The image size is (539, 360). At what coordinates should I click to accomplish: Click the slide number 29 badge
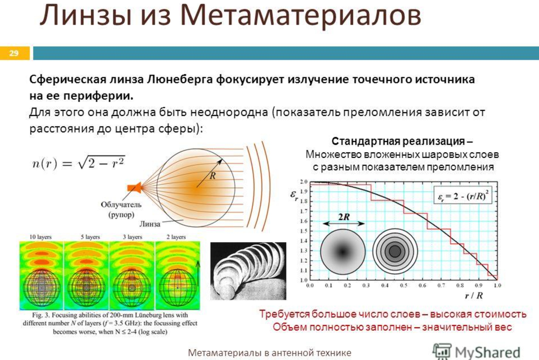point(14,53)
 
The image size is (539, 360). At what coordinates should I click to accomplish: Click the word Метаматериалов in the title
point(301,15)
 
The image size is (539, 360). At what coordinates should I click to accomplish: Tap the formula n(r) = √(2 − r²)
point(79,163)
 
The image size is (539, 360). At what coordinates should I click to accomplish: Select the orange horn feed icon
point(134,188)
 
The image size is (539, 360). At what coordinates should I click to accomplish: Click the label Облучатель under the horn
point(121,205)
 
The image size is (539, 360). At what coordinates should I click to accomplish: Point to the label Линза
point(150,224)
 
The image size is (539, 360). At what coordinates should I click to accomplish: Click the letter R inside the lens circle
point(213,176)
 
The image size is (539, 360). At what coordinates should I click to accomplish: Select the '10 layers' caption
point(40,237)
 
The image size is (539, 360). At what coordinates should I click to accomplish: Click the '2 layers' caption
point(176,237)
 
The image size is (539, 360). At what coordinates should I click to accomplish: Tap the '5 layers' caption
point(90,237)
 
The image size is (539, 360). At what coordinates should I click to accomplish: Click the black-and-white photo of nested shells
point(248,271)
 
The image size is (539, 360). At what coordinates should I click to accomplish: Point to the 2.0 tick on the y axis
point(304,182)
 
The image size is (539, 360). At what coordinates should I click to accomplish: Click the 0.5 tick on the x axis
point(403,285)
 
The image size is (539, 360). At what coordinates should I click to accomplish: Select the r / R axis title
point(474,295)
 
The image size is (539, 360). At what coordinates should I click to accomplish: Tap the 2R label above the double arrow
point(344,217)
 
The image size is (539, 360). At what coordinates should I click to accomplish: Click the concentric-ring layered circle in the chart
point(395,251)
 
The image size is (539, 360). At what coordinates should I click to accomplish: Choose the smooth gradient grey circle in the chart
point(343,252)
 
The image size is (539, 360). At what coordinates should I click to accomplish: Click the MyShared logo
point(476,352)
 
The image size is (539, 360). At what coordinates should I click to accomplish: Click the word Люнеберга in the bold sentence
point(180,79)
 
